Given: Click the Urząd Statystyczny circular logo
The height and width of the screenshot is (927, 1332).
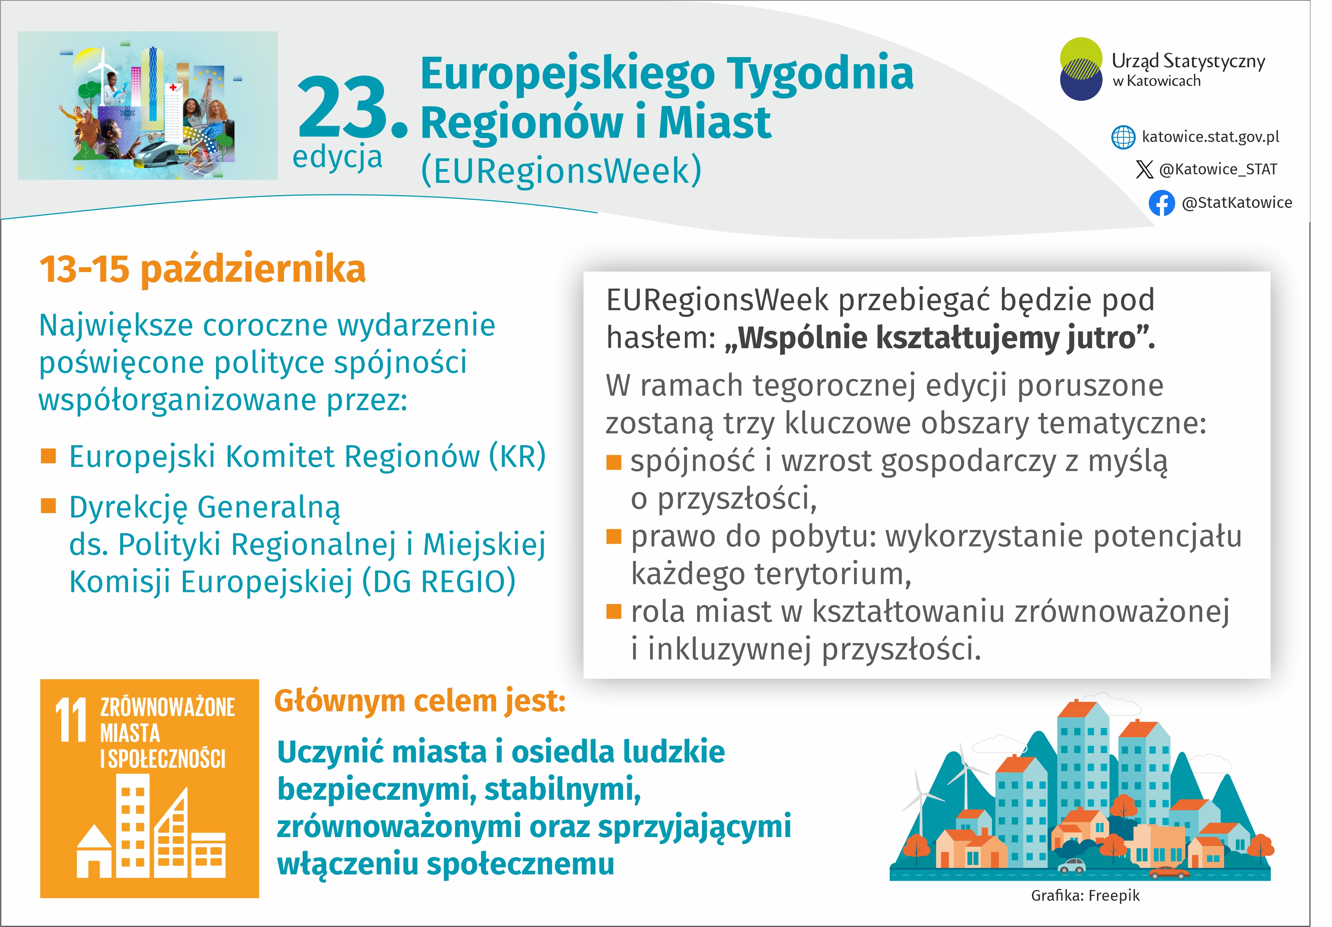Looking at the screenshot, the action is tap(1081, 69).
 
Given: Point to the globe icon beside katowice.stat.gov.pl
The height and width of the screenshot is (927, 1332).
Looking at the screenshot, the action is tap(1123, 137).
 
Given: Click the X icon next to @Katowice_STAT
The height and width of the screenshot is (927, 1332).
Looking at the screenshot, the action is tap(1144, 169).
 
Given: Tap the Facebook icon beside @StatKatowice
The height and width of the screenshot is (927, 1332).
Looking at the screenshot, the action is tap(1161, 203).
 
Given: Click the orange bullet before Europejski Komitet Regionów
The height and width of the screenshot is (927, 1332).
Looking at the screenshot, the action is tap(48, 456).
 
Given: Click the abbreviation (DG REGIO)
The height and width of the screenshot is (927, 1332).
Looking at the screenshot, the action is tap(439, 582).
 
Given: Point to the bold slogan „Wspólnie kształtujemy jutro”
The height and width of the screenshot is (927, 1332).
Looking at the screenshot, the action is tap(940, 338).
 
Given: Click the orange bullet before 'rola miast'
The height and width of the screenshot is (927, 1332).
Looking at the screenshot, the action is tap(614, 611).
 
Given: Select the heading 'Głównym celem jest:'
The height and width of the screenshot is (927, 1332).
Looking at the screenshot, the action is tap(420, 701).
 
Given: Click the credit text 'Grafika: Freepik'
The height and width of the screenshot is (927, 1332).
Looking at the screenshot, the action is tap(1085, 896).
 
